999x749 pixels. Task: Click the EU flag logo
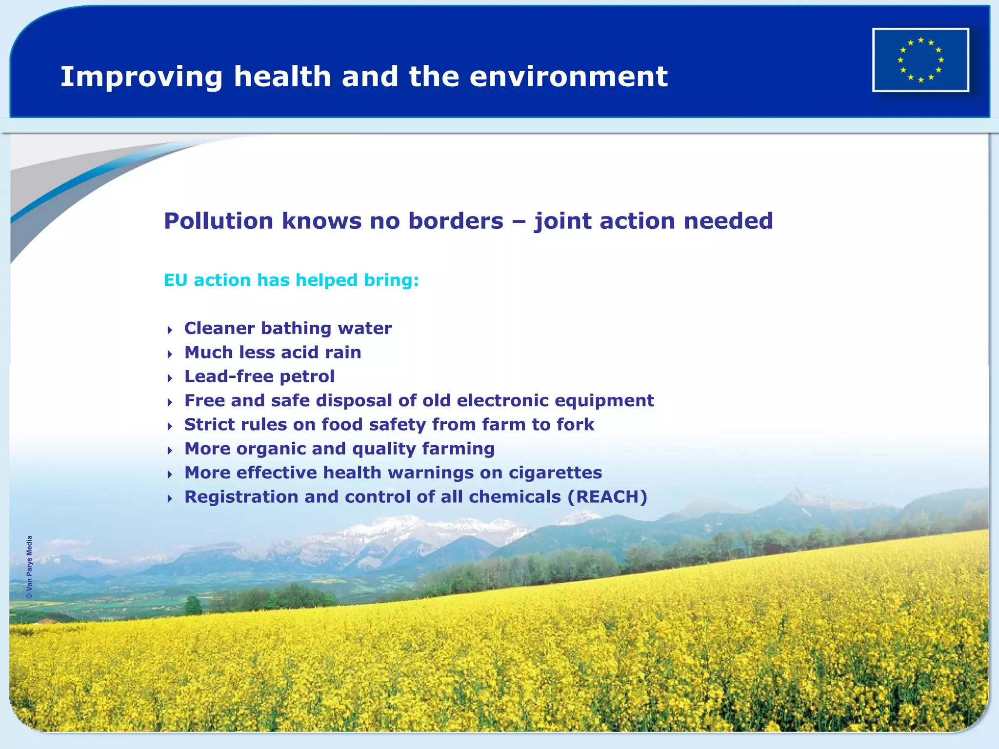click(x=920, y=59)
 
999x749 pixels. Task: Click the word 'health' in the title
click(x=282, y=77)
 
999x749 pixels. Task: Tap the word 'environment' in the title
click(x=568, y=77)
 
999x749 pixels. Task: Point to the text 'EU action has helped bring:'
click(x=291, y=280)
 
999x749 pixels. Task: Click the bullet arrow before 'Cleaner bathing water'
click(x=170, y=330)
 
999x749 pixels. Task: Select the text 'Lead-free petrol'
click(x=259, y=376)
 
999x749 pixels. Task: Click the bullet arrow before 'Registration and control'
click(x=170, y=498)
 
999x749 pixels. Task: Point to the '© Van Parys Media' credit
click(x=30, y=567)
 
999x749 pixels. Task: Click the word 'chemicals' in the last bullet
click(x=515, y=496)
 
